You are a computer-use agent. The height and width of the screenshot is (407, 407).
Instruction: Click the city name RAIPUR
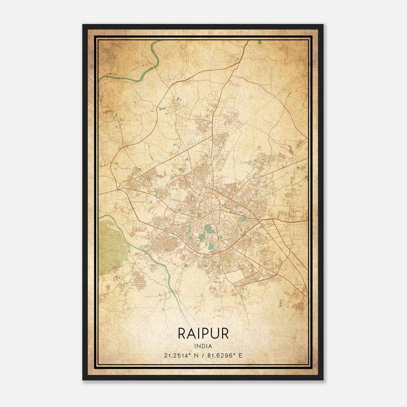click(x=203, y=333)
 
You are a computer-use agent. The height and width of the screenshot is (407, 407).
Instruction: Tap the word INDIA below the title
click(x=203, y=346)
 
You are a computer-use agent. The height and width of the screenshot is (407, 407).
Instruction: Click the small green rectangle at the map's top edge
click(x=259, y=42)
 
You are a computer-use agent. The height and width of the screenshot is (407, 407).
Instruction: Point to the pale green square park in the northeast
click(x=272, y=159)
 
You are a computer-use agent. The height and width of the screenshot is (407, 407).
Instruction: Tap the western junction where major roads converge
click(x=119, y=189)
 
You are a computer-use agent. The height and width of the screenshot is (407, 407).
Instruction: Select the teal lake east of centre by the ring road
click(x=244, y=219)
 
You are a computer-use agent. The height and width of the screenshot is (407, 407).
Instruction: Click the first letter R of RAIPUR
click(x=182, y=333)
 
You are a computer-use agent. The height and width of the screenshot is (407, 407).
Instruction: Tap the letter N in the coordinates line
click(x=196, y=355)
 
